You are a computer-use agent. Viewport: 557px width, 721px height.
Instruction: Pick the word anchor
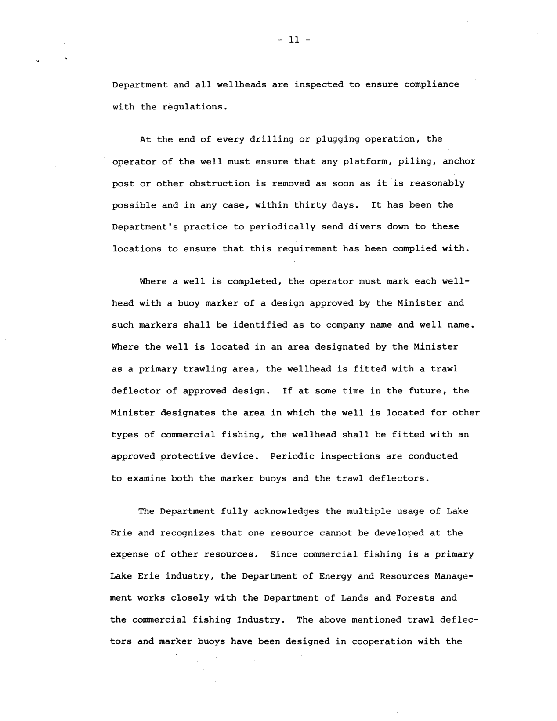tap(459, 161)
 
